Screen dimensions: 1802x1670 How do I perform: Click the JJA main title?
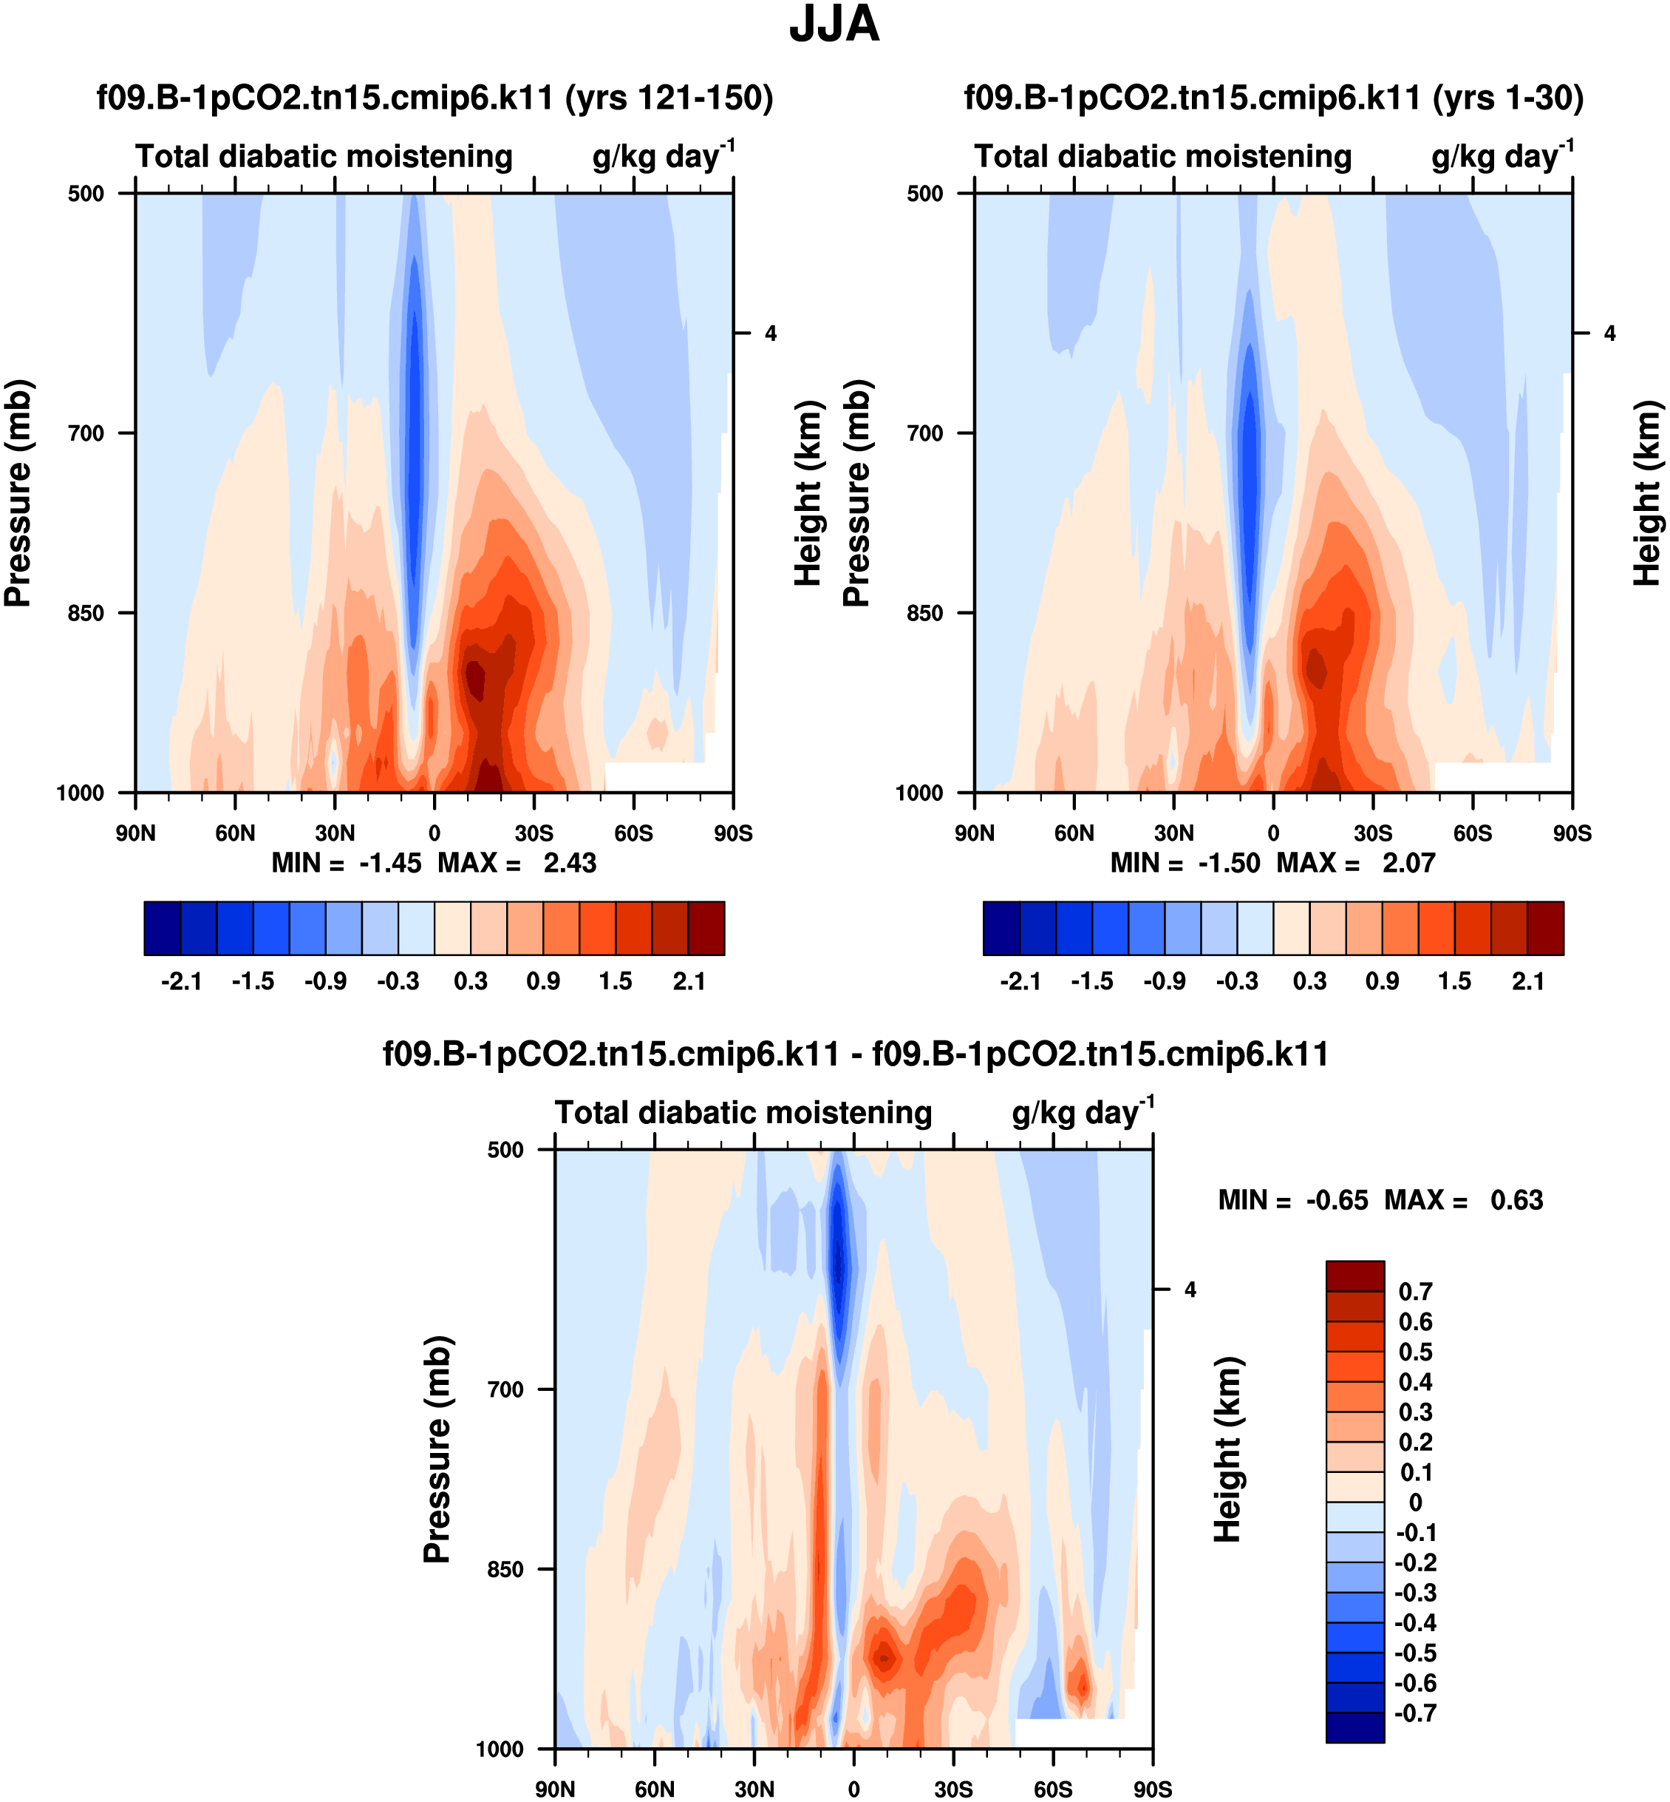[x=834, y=25]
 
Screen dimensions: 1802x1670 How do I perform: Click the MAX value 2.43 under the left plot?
[x=569, y=864]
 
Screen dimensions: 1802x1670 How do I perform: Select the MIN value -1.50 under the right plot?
[x=1228, y=864]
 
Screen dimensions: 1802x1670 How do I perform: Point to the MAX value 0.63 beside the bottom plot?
[x=1516, y=1201]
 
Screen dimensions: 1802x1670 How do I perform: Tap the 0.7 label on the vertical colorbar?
[x=1415, y=1292]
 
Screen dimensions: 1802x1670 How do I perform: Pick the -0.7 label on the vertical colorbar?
[x=1415, y=1713]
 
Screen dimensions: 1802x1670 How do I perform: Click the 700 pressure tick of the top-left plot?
[x=86, y=433]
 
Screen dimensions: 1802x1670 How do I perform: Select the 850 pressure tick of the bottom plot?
[x=505, y=1570]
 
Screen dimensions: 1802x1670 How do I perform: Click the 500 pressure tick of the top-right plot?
[x=924, y=194]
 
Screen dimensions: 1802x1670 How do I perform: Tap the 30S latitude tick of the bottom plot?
[x=953, y=1789]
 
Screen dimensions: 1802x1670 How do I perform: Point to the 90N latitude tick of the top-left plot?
[x=135, y=833]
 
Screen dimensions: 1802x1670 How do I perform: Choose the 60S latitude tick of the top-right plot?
[x=1473, y=833]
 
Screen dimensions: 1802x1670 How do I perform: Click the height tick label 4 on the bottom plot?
[x=1190, y=1290]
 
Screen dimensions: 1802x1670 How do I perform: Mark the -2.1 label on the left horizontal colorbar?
[x=181, y=982]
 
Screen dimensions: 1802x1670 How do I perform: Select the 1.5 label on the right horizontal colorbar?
[x=1455, y=982]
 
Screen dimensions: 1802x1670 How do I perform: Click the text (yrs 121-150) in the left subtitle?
[x=669, y=98]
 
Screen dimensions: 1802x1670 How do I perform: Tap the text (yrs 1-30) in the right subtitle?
[x=1507, y=98]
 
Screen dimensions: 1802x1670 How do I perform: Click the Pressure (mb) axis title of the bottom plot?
[x=437, y=1449]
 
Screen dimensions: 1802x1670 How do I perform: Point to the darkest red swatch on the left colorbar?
[x=706, y=928]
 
